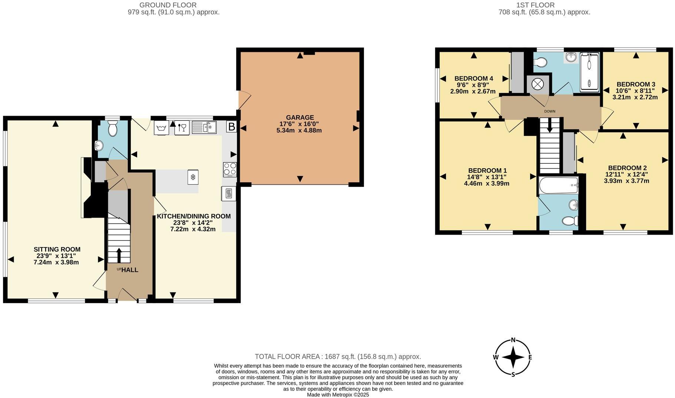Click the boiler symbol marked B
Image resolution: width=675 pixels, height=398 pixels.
[x=231, y=127]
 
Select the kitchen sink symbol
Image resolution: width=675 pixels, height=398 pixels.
[x=204, y=127]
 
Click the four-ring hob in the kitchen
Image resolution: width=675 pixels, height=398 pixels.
[x=230, y=169]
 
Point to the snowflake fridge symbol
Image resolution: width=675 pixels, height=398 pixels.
[x=192, y=177]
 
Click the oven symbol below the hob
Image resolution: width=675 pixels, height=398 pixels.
[x=228, y=193]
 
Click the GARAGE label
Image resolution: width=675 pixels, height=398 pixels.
[x=300, y=117]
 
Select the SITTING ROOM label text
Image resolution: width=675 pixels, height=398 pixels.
[x=57, y=249]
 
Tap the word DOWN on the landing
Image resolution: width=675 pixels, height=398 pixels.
[x=549, y=111]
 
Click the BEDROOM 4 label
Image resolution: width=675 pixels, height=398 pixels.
[x=473, y=78]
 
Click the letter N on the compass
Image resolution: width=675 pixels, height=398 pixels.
[x=513, y=340]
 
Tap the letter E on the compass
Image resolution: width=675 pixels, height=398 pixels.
[x=530, y=357]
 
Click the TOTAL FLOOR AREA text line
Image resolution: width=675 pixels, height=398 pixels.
[x=337, y=356]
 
